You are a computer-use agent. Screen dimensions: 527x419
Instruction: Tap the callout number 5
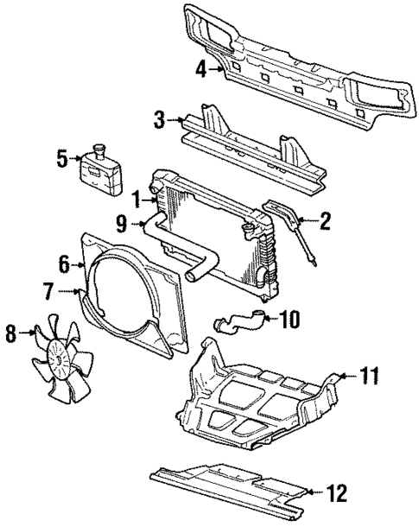tap(61, 158)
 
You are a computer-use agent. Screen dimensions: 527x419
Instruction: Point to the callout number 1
tap(136, 200)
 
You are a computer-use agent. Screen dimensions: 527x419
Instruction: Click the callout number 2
tap(325, 222)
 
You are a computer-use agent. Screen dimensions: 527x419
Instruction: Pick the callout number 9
tap(122, 227)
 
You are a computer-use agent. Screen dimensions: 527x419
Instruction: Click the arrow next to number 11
tap(348, 375)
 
